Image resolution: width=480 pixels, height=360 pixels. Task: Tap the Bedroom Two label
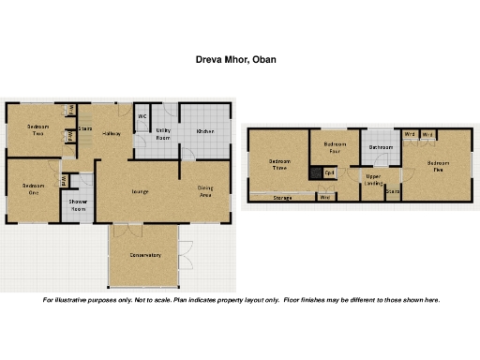[x=37, y=129]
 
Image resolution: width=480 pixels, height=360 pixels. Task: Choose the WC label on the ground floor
[x=142, y=117]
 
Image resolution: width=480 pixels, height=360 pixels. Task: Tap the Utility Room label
[x=163, y=134]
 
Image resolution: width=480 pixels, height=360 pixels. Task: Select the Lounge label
[x=140, y=191]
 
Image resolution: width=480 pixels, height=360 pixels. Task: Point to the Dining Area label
[x=205, y=191]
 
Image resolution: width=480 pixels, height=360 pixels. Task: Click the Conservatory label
[x=145, y=255]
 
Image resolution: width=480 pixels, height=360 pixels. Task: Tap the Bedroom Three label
[x=278, y=165]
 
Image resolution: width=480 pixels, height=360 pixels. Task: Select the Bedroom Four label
[x=335, y=147]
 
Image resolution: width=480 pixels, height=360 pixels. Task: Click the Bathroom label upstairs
[x=381, y=147]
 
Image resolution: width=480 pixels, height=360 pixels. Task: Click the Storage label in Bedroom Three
[x=282, y=198]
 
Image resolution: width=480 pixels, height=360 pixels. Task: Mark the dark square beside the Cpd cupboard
[x=316, y=172]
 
